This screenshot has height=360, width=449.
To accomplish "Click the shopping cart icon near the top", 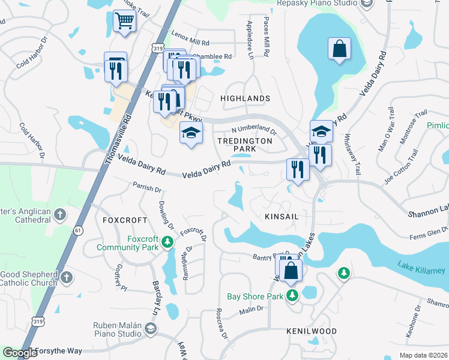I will coord(124,21).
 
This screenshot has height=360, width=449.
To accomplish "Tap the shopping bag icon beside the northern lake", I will coord(339,49).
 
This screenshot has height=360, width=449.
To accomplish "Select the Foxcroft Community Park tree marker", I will coord(169,242).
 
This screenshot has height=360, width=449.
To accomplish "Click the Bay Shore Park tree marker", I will coord(292,295).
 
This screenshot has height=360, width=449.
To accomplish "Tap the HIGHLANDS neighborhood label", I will coord(245,98).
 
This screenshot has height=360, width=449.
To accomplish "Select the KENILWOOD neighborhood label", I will coord(311,331).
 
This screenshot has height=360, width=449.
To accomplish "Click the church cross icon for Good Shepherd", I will coord(66,277).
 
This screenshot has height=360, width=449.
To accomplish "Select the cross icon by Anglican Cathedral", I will coord(60,214).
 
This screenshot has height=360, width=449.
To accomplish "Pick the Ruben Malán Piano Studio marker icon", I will coord(150,328).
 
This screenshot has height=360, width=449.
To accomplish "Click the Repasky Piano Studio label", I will coord(317,3).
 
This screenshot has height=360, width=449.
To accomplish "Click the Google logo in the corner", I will coord(20,353).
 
